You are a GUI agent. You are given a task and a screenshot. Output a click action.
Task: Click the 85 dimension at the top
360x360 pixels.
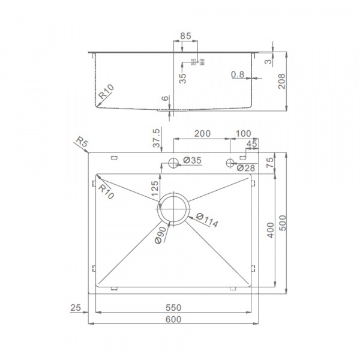(185, 36)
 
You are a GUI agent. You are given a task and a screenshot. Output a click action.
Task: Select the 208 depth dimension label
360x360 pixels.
(282, 81)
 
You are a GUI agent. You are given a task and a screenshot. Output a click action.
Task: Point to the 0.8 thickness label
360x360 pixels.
(238, 74)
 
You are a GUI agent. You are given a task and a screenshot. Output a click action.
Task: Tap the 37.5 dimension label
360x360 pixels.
(156, 138)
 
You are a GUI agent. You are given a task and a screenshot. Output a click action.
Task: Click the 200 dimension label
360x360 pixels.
(202, 133)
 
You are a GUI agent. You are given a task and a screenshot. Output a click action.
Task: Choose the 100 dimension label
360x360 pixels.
(244, 133)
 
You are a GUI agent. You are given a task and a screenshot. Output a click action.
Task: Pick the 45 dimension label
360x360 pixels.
(251, 144)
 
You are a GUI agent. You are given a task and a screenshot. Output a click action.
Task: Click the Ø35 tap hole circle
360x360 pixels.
(173, 163)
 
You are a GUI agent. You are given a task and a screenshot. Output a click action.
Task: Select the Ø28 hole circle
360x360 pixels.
(230, 163)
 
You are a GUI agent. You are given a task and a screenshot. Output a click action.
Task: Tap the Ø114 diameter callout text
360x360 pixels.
(207, 220)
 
